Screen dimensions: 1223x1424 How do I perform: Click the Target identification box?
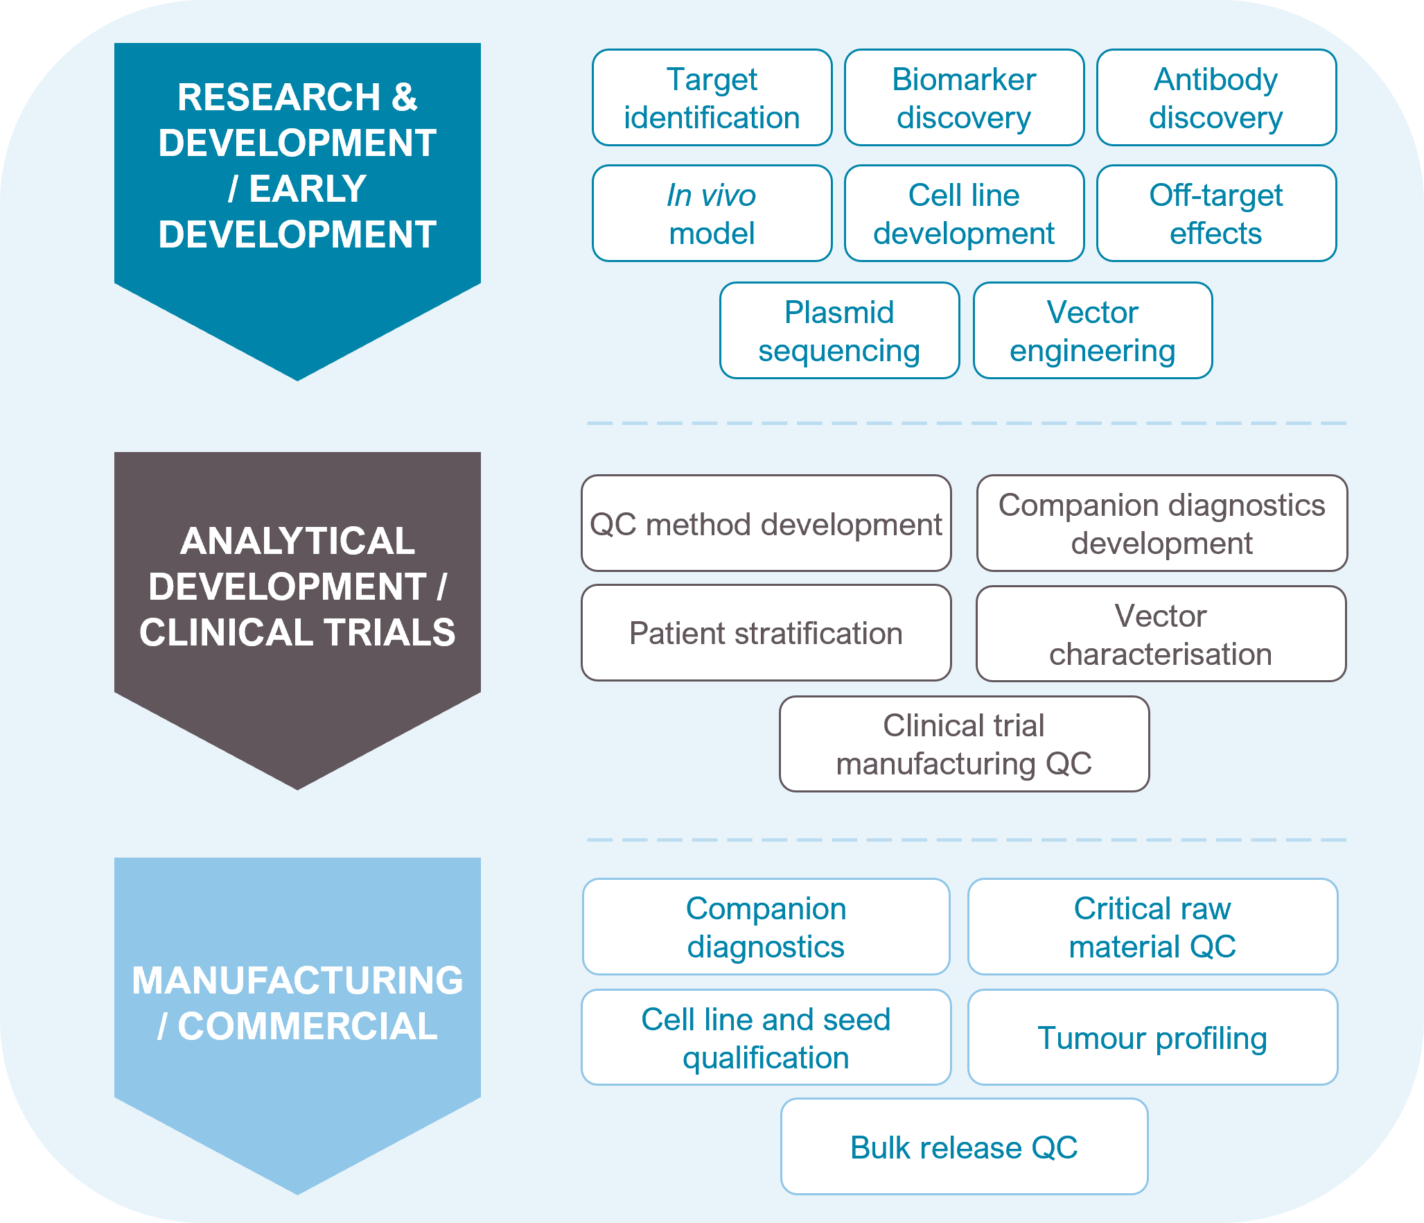[712, 98]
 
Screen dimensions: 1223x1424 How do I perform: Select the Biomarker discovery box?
[964, 98]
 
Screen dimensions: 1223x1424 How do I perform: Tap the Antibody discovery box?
[1216, 98]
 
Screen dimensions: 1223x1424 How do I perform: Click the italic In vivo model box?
[712, 214]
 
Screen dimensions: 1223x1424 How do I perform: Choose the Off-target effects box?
[1216, 214]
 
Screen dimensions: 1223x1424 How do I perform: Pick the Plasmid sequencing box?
[839, 331]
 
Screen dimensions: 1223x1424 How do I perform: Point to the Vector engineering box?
[1093, 331]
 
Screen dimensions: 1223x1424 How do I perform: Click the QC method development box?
[766, 523]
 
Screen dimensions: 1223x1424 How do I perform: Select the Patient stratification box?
[766, 633]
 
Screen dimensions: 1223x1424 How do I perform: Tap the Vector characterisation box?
[1161, 634]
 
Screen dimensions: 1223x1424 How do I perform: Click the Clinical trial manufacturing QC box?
[964, 744]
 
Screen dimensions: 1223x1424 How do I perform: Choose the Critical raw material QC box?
[1152, 927]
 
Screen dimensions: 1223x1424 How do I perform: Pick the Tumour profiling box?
[1152, 1037]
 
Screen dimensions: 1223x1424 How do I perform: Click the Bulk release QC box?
[964, 1147]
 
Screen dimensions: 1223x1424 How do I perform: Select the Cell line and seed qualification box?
[766, 1037]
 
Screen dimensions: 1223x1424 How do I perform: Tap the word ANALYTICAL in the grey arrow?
[297, 541]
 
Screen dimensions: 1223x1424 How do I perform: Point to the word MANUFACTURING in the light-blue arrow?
[297, 980]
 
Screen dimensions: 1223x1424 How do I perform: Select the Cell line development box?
[964, 214]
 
